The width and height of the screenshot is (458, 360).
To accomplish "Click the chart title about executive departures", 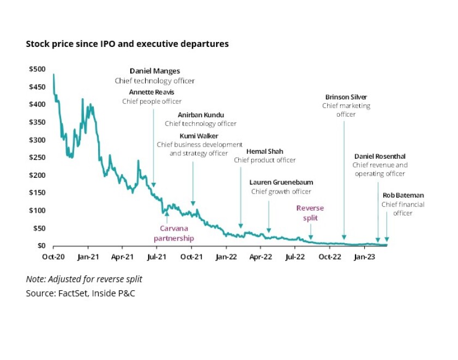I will (127, 44).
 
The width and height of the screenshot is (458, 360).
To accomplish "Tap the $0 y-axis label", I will (41, 246).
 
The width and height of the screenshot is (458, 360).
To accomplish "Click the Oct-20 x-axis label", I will (53, 256).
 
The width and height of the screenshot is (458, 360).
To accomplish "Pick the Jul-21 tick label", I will (156, 256).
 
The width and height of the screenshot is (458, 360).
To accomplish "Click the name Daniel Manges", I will (154, 71).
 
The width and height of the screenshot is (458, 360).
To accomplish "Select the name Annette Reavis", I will (152, 92).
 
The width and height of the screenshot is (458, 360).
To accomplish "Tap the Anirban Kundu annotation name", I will (201, 115).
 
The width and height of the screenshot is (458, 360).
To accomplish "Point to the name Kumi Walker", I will (200, 135).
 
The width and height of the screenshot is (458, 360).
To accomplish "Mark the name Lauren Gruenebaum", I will (281, 182).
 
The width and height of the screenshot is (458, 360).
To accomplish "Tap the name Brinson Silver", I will (346, 97).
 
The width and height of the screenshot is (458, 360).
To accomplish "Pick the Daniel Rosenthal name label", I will (379, 156).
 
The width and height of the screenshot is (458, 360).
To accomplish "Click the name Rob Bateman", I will (403, 195).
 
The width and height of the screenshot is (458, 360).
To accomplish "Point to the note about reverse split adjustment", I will (84, 279).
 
